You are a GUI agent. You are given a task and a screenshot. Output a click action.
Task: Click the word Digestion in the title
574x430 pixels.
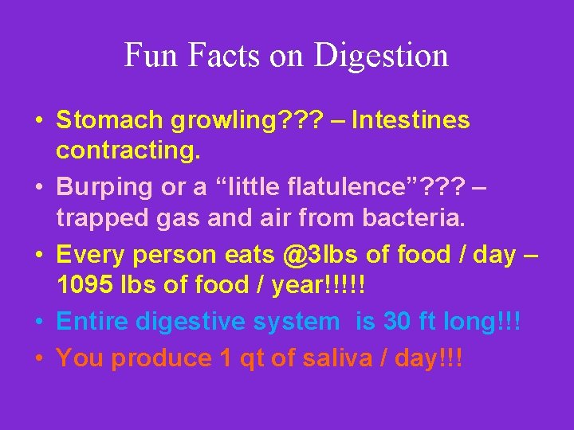[x=381, y=56]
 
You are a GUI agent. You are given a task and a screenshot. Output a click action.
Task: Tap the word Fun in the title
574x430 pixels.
[x=147, y=56]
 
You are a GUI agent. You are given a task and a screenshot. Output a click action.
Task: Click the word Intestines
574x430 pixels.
[x=411, y=121]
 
